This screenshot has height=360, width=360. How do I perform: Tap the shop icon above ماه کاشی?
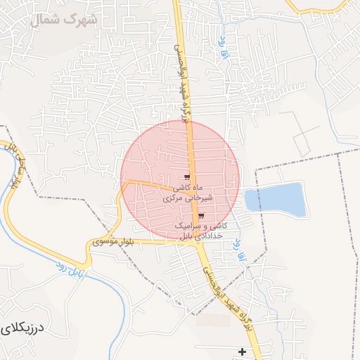[186, 177]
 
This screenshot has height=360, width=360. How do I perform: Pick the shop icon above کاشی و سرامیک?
[202, 216]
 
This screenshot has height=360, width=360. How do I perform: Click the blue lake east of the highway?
[276, 199]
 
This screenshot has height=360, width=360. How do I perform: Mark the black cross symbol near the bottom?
[243, 351]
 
